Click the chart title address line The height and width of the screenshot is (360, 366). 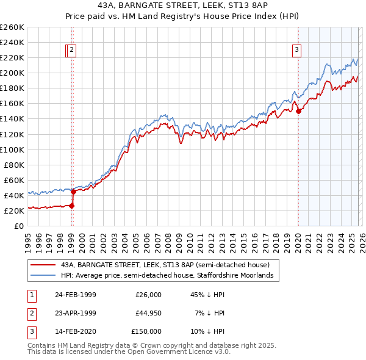tap(183, 5)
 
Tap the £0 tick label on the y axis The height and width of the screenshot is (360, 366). tap(19, 226)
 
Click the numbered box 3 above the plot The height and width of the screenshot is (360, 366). tap(297, 51)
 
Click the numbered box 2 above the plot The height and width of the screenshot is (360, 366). tap(71, 51)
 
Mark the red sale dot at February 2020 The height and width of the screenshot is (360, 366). tap(298, 111)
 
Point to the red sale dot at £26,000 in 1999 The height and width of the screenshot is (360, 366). tap(71, 206)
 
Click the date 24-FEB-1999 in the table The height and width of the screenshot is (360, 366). tap(75, 295)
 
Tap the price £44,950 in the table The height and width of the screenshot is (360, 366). tap(148, 313)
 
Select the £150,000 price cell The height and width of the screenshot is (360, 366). tap(146, 331)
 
